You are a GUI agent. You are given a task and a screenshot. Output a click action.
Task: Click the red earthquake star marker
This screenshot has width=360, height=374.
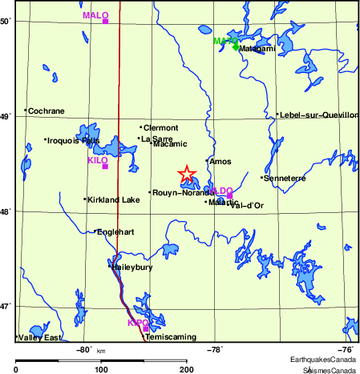(x=186, y=173)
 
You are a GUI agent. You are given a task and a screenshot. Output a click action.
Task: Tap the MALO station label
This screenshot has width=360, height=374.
(x=95, y=15)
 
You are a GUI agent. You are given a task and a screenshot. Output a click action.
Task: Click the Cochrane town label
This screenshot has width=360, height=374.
(x=46, y=111)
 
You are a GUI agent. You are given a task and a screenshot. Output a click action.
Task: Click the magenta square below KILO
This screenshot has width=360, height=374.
(x=105, y=166)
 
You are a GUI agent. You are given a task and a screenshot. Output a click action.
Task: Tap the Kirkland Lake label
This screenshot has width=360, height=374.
(x=113, y=199)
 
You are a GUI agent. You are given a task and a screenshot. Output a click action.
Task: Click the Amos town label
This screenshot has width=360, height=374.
(x=220, y=162)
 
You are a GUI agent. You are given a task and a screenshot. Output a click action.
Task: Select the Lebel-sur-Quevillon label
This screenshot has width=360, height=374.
(x=318, y=115)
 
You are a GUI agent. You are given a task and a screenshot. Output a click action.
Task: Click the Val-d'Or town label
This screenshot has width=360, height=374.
(x=247, y=206)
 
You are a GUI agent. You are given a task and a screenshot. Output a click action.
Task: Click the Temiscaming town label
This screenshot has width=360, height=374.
(x=170, y=337)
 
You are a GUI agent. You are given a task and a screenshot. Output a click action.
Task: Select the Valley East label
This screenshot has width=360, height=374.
(x=39, y=338)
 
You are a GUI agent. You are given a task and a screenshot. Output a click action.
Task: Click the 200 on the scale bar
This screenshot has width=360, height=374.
(x=187, y=368)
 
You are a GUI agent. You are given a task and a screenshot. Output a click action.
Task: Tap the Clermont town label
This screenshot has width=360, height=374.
(x=160, y=127)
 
